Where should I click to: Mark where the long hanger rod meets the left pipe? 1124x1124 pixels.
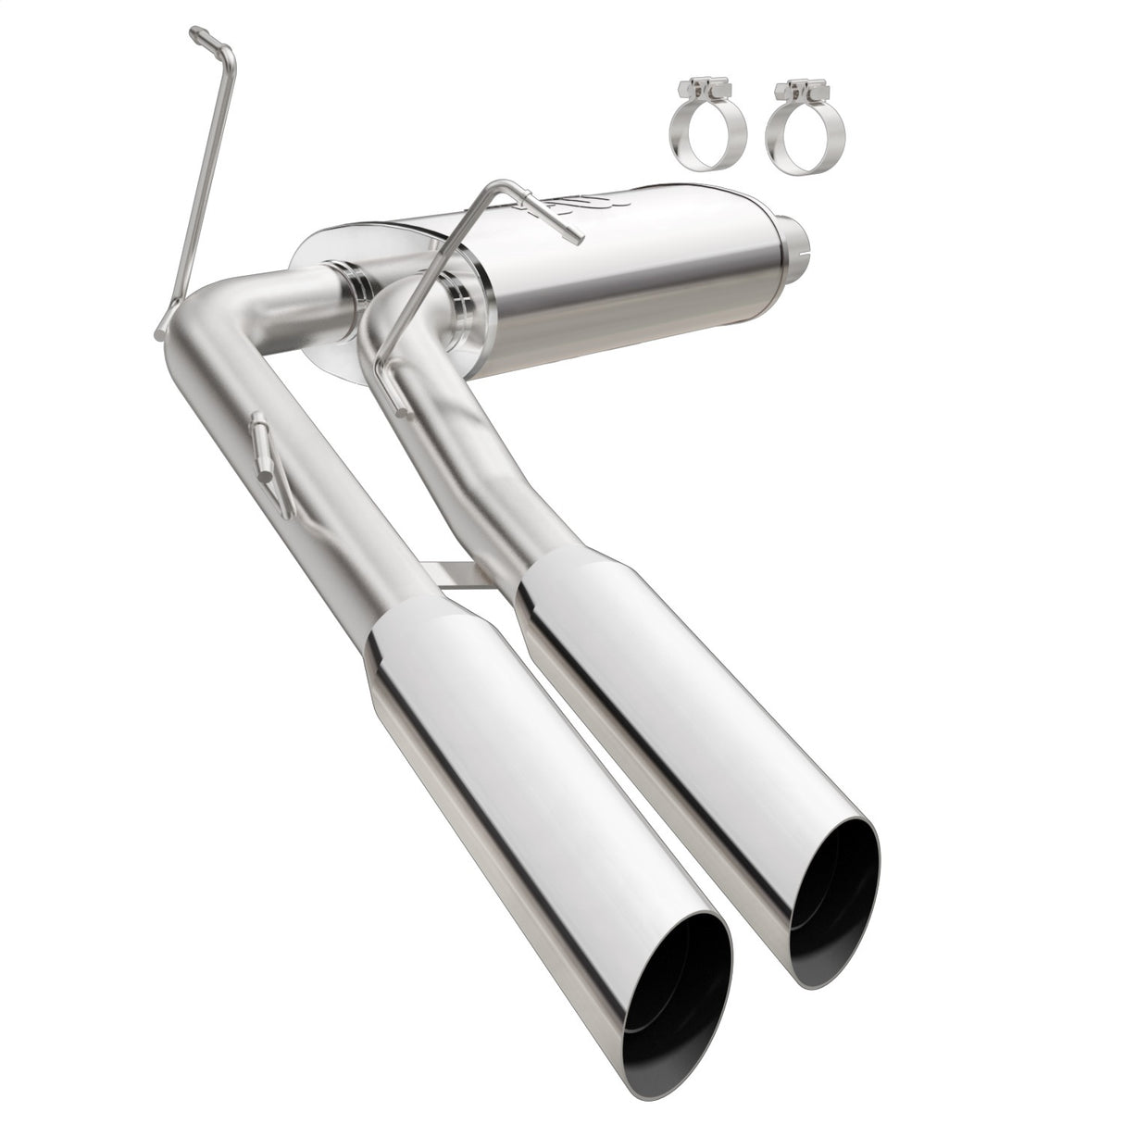click(x=166, y=323)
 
